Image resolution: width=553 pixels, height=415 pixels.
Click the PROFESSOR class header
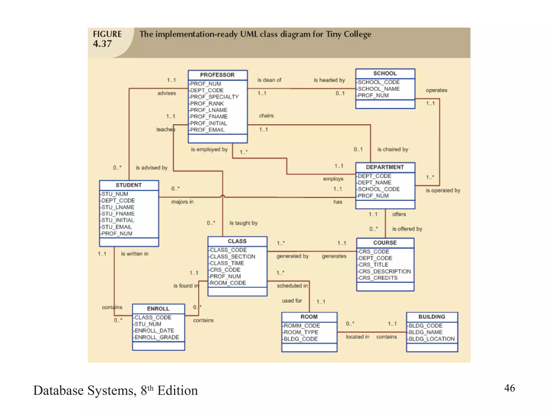217,75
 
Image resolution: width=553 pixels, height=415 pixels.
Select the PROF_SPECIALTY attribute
214,97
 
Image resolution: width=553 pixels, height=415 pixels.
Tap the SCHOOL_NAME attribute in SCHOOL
379,89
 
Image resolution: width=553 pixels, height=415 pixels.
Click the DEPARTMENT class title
385,167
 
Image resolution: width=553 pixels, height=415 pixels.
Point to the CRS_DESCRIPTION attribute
385,271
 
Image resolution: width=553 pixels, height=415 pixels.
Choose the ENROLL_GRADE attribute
157,337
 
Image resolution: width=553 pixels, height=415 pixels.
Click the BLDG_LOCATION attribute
431,339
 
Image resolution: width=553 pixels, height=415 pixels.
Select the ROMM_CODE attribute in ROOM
302,326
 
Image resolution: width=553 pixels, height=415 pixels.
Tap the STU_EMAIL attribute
117,227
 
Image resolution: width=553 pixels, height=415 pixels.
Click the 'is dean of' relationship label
269,80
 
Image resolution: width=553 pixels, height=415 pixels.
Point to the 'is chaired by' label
393,149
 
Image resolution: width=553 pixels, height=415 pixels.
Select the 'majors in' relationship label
182,202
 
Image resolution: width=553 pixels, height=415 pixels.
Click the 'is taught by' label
243,223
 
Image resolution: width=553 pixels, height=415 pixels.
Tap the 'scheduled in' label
292,286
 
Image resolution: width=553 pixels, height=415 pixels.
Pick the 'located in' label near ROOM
358,337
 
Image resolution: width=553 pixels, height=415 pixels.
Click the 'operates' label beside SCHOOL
436,90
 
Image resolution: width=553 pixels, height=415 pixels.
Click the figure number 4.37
102,44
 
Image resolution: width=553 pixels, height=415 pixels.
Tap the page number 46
510,388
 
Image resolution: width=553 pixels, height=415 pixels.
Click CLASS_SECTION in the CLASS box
232,257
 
